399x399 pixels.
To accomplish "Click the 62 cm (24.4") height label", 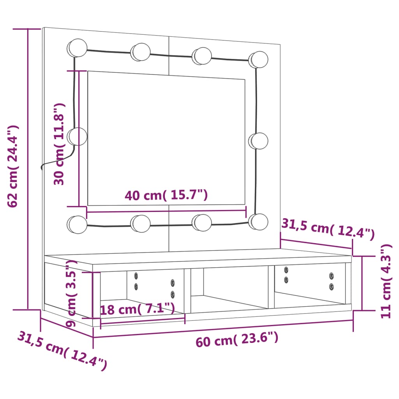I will pos(13,166).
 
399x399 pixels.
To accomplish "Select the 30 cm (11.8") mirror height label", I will pos(59,144).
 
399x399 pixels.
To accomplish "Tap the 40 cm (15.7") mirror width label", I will pos(166,195).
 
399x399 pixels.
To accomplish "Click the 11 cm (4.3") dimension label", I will pos(386,281).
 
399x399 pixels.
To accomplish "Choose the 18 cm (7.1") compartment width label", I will pos(137,309).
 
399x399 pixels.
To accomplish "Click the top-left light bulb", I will pos(77,48).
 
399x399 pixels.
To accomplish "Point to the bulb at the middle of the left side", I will pos(77,136).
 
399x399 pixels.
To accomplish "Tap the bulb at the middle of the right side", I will pos(258,141).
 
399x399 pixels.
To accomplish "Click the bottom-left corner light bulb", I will pos(77,224).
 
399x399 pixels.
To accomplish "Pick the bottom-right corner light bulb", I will pos(258,221).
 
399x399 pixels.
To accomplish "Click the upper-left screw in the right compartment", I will pos(286,269).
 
